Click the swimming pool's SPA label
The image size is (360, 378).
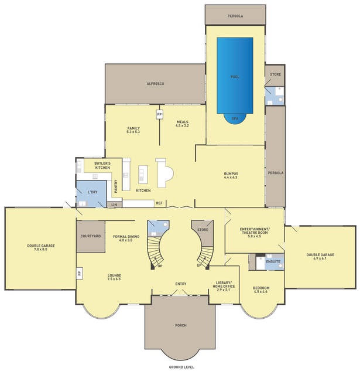pos(235,118)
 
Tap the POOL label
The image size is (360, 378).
pos(235,77)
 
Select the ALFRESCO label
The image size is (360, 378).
pos(155,84)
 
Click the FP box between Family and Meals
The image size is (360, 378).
pos(159,114)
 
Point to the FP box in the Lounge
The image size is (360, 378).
pos(80,273)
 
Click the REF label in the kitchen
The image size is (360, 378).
pos(159,203)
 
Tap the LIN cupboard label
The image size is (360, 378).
pos(114,205)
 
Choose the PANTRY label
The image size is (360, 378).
pos(116,186)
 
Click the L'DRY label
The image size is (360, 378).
pos(92,192)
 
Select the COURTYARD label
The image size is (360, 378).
pos(91,236)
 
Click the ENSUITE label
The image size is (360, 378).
pos(273,261)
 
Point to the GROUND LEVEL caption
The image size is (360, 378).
pos(181,367)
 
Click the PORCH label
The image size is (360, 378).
pos(181,325)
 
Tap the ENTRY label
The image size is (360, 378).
pos(181,284)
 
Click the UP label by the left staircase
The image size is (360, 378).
pos(160,266)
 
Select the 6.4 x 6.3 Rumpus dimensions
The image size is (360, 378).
pos(231,177)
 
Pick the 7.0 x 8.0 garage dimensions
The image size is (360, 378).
pos(41,249)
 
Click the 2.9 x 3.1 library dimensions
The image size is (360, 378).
pos(224,290)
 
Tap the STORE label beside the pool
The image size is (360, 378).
pos(275,74)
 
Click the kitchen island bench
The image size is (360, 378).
pos(143,175)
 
